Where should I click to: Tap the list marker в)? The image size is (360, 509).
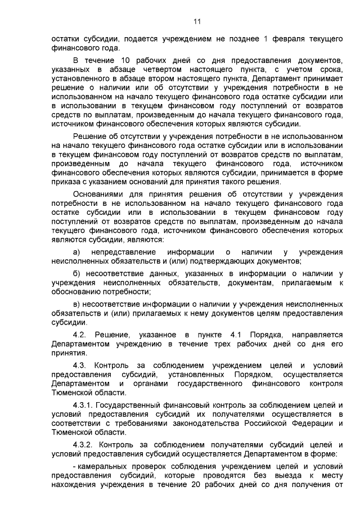[77, 304]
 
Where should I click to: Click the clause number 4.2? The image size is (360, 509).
[82, 336]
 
